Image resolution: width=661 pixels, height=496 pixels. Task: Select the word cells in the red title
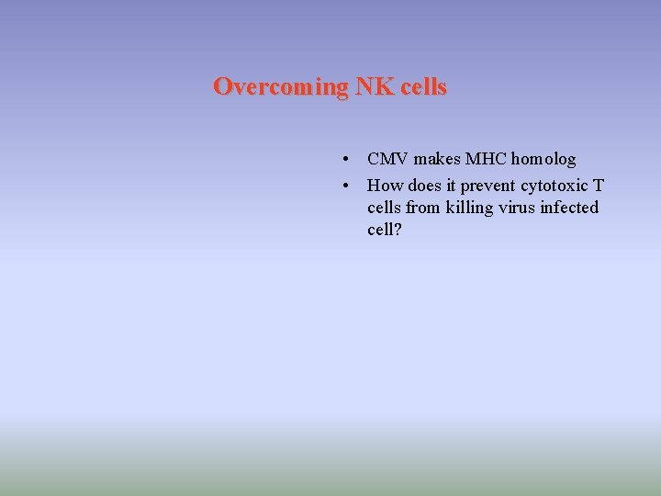(423, 87)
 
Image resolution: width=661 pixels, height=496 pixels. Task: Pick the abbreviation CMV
(387, 160)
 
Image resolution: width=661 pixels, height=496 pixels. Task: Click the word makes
(437, 160)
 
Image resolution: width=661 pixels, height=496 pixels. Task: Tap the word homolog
(545, 160)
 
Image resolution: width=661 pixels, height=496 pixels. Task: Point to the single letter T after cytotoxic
(599, 186)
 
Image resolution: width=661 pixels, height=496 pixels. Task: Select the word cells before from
(385, 208)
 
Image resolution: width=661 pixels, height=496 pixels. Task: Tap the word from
(425, 208)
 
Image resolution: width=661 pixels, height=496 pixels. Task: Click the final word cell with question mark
(385, 230)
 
